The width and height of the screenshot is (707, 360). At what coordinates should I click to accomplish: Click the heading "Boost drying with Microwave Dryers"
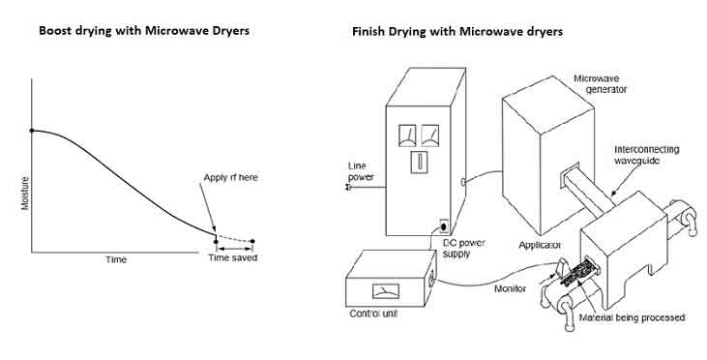tap(144, 30)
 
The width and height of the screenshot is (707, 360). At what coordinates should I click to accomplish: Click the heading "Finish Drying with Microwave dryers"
tap(457, 31)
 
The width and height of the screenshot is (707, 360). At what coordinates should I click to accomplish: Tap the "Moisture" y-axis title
tap(25, 195)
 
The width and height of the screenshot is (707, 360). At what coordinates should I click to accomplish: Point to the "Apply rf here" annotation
tap(230, 177)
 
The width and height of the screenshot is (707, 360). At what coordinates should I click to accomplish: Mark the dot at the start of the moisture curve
tap(34, 131)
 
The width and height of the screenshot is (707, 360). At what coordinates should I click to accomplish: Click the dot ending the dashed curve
tap(252, 241)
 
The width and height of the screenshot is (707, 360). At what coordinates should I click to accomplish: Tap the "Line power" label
tap(363, 170)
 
